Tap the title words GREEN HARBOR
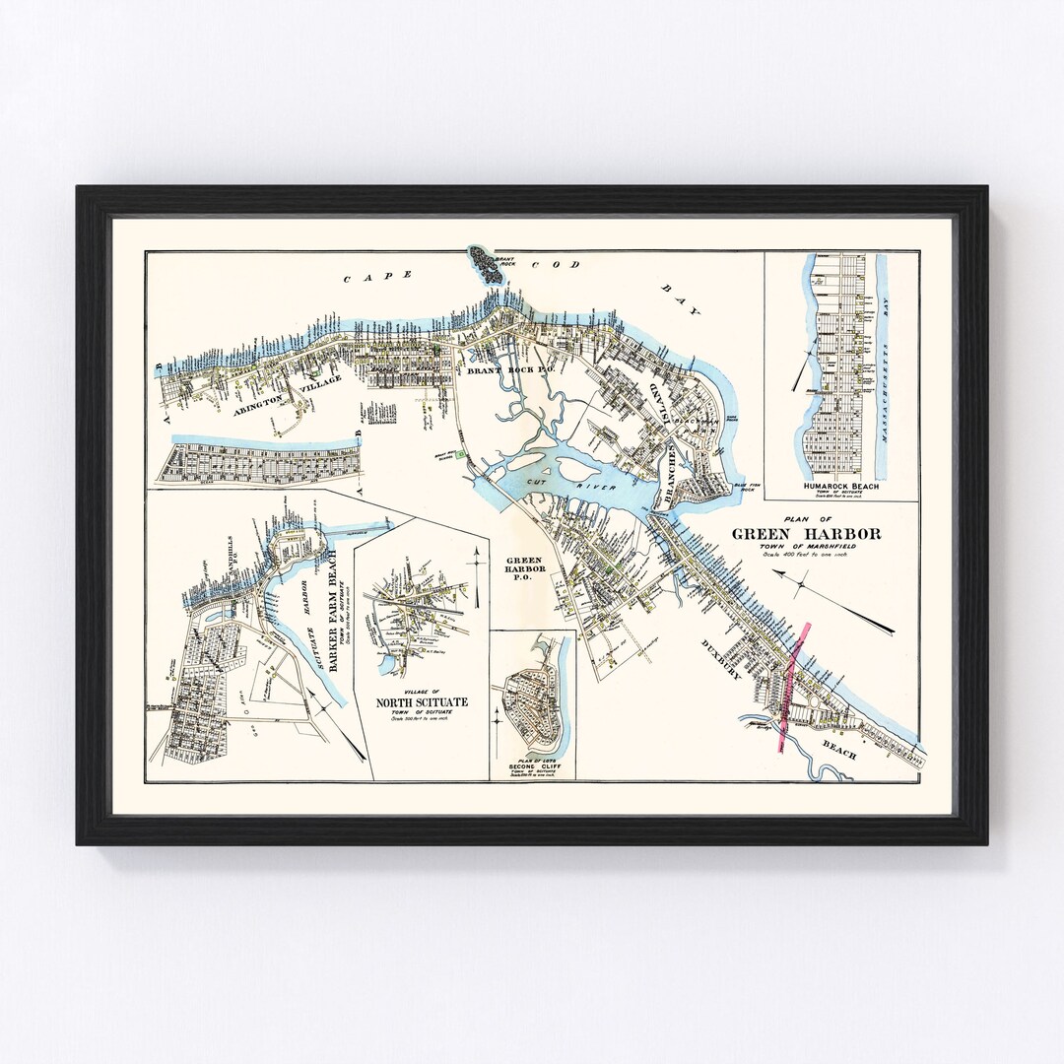point(806,535)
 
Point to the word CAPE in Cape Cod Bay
point(363,279)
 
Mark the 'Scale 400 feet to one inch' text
point(806,558)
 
